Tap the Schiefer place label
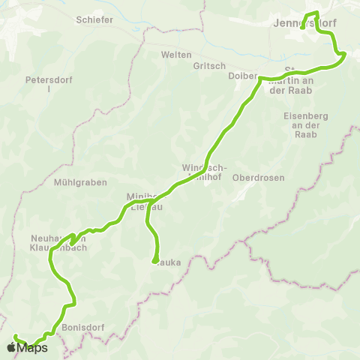94,20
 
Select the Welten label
176,55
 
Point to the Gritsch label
209,65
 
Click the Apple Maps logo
27,347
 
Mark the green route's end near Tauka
154,262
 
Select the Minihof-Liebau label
142,200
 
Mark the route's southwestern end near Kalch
16,336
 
